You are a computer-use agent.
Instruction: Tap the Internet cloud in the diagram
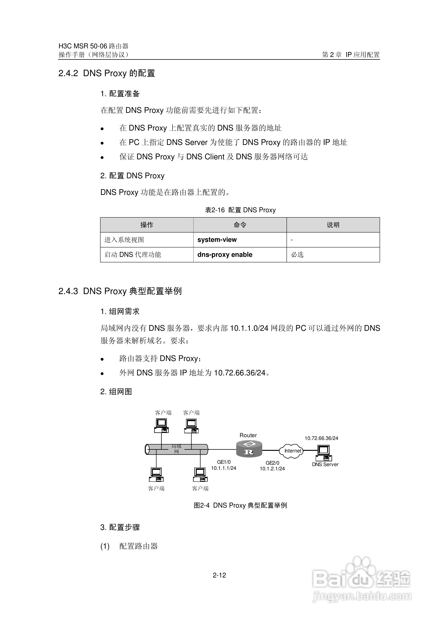click(x=291, y=451)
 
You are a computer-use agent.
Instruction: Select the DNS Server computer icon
click(x=324, y=453)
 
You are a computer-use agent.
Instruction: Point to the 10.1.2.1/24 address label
click(x=272, y=469)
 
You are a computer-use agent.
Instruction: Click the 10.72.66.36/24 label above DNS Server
click(x=321, y=438)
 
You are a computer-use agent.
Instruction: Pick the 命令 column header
click(x=240, y=225)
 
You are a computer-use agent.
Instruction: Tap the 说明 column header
click(x=333, y=225)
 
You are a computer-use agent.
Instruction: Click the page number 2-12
click(x=219, y=575)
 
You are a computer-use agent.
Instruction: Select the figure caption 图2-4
click(x=202, y=505)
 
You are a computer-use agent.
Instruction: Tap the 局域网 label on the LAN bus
click(x=176, y=449)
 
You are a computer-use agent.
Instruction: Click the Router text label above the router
click(x=248, y=435)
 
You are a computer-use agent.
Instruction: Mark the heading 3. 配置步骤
click(x=120, y=527)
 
